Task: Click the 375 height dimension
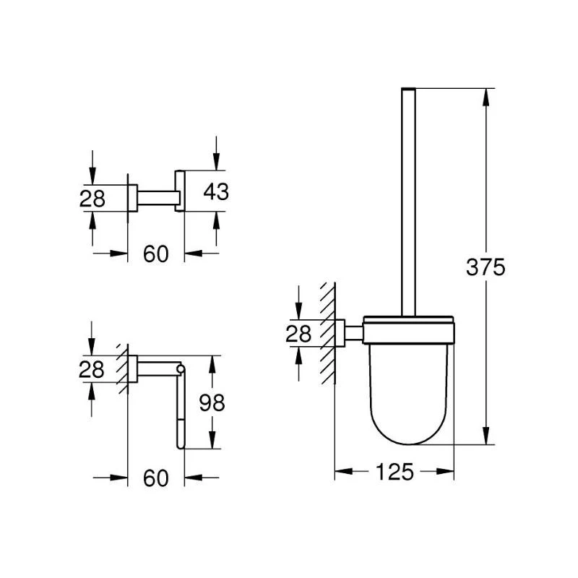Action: [486, 267]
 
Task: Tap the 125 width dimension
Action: [394, 472]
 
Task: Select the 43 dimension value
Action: [216, 191]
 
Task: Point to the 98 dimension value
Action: [212, 402]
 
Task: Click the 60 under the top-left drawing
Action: [155, 254]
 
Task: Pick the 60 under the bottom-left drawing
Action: [155, 478]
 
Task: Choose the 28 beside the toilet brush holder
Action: [298, 334]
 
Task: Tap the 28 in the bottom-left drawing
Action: [92, 369]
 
